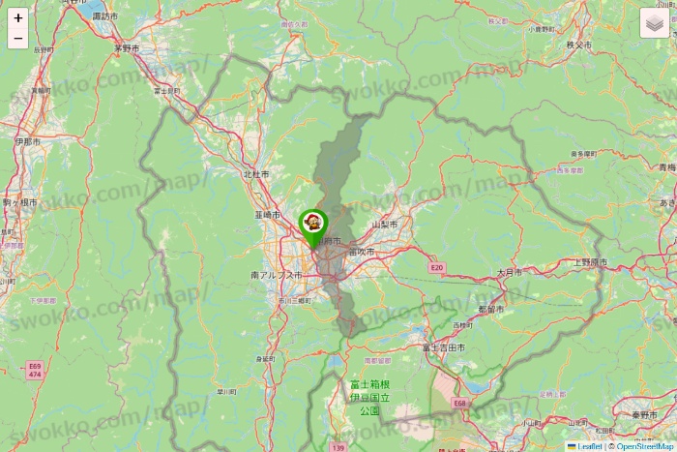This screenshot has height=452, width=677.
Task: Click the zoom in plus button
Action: [x=18, y=18]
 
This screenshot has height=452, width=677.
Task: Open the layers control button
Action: [x=655, y=23]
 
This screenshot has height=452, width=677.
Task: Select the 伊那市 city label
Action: [x=28, y=141]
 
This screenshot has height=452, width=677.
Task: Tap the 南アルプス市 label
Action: [x=277, y=276]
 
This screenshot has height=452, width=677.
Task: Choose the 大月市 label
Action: [x=510, y=273]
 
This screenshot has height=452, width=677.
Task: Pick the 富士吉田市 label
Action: [x=444, y=347]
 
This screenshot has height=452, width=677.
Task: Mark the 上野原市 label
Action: [x=590, y=262]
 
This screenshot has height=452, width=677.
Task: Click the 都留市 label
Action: [x=491, y=310]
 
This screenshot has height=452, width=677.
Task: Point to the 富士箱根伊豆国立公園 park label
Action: [x=370, y=397]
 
